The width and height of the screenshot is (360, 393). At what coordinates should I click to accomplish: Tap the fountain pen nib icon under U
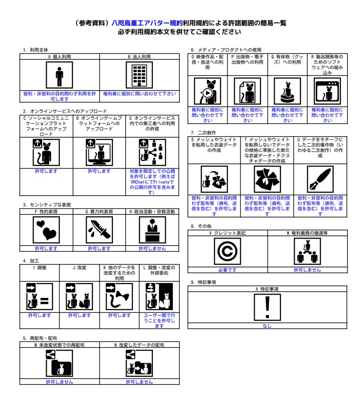320,180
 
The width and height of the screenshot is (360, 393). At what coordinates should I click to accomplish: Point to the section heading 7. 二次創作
204,132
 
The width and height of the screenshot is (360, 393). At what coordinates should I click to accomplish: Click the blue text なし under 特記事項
267,326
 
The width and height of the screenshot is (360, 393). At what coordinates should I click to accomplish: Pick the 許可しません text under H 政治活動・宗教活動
152,248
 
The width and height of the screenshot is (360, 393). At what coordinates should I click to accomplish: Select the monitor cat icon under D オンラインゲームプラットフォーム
99,152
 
